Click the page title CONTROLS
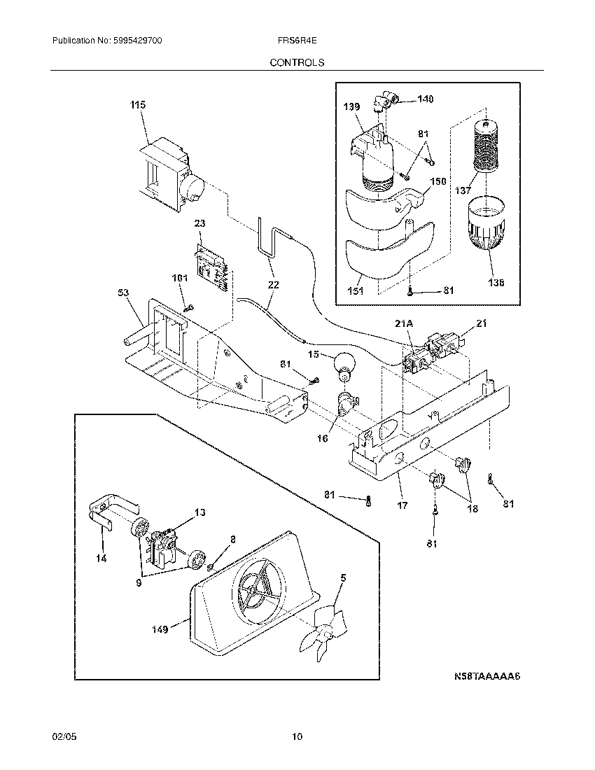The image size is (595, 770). click(x=297, y=62)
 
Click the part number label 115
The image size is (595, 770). click(x=137, y=105)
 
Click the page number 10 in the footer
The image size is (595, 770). click(x=297, y=736)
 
